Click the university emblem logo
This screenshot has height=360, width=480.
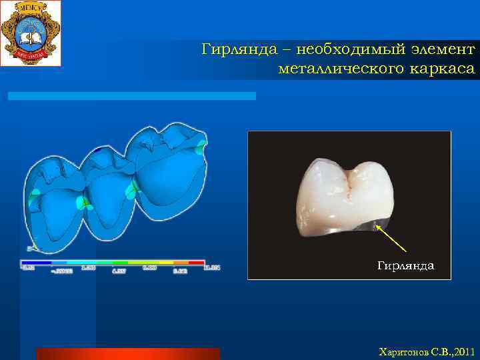pos(31,33)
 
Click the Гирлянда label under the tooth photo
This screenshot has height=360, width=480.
pos(405,266)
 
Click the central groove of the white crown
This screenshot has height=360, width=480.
pos(347,183)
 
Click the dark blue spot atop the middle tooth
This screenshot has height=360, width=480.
pos(98,150)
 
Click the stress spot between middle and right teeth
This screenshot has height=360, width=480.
pos(132,189)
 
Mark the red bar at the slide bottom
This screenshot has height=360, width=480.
pos(127,353)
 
